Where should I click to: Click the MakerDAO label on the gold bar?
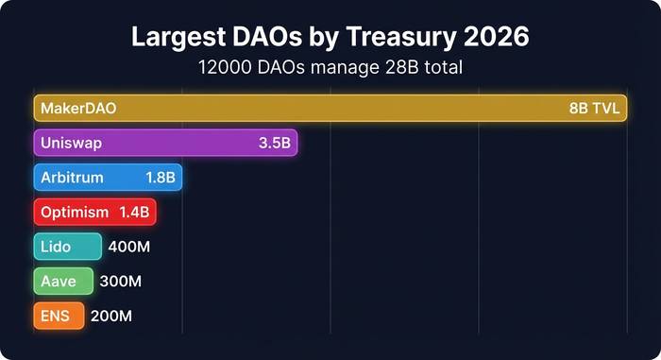coord(78,109)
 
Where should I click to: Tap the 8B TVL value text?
coord(594,109)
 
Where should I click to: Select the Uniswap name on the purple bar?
coord(71,144)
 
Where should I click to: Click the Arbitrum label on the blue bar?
coord(73,178)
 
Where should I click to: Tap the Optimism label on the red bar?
coord(75,213)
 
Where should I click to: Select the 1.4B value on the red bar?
coord(133,213)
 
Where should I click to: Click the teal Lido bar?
coord(67,247)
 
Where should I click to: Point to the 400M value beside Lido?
coord(129,247)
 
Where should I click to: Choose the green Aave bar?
coord(63,282)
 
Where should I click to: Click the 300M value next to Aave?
coord(122,282)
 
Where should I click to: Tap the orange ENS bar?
coord(59,317)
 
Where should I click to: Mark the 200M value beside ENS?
coord(112,317)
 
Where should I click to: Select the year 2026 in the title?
coord(495,38)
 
